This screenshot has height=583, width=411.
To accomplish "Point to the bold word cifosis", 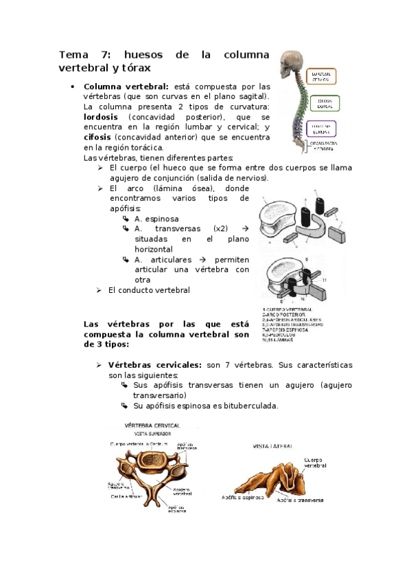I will tap(97, 137).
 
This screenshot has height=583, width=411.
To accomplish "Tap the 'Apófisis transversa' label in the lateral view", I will tap(300, 500).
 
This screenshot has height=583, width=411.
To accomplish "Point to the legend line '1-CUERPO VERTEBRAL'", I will tap(289, 310).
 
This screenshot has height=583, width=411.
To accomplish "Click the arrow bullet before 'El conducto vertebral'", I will tap(99, 290).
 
